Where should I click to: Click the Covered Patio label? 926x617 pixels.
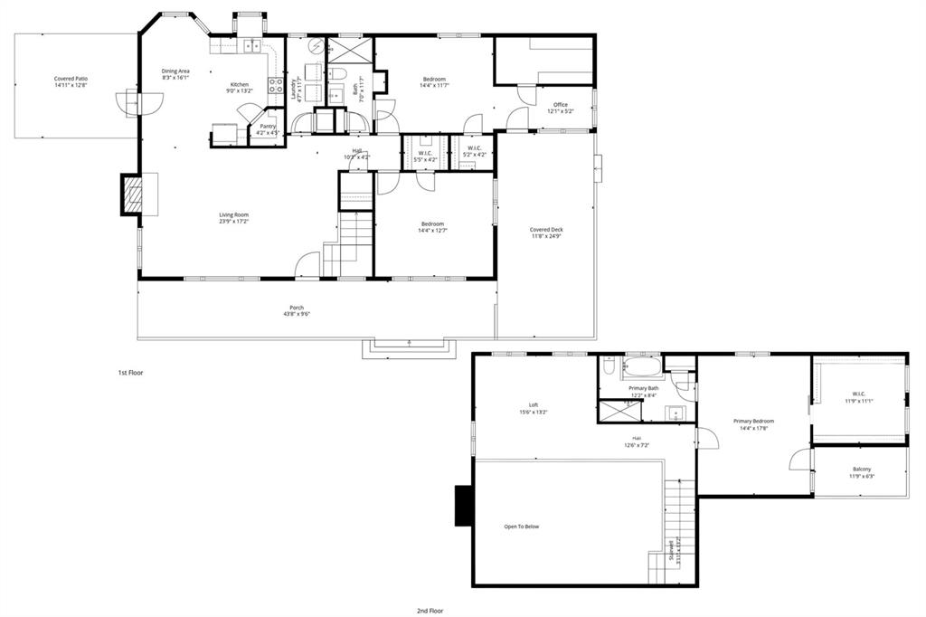[x=71, y=80]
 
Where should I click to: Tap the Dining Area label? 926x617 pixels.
[x=175, y=71]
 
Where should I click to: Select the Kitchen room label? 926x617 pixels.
[x=239, y=85]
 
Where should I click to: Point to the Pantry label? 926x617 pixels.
[x=268, y=127]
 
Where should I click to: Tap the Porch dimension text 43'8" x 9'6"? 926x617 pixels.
[x=296, y=315]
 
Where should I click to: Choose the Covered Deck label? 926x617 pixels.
[x=546, y=230]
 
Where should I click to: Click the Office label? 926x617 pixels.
[x=561, y=105]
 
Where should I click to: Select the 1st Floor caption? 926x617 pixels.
[x=130, y=373]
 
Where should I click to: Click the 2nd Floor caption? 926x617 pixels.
[x=430, y=611]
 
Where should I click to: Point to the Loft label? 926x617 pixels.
[x=534, y=405]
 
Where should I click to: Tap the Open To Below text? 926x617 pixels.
[x=522, y=527]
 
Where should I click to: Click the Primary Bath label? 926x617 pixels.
[x=644, y=388]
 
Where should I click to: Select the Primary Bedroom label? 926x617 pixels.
[x=753, y=421]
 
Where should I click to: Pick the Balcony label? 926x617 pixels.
[x=862, y=469]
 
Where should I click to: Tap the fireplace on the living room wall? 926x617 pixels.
[x=131, y=194]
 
